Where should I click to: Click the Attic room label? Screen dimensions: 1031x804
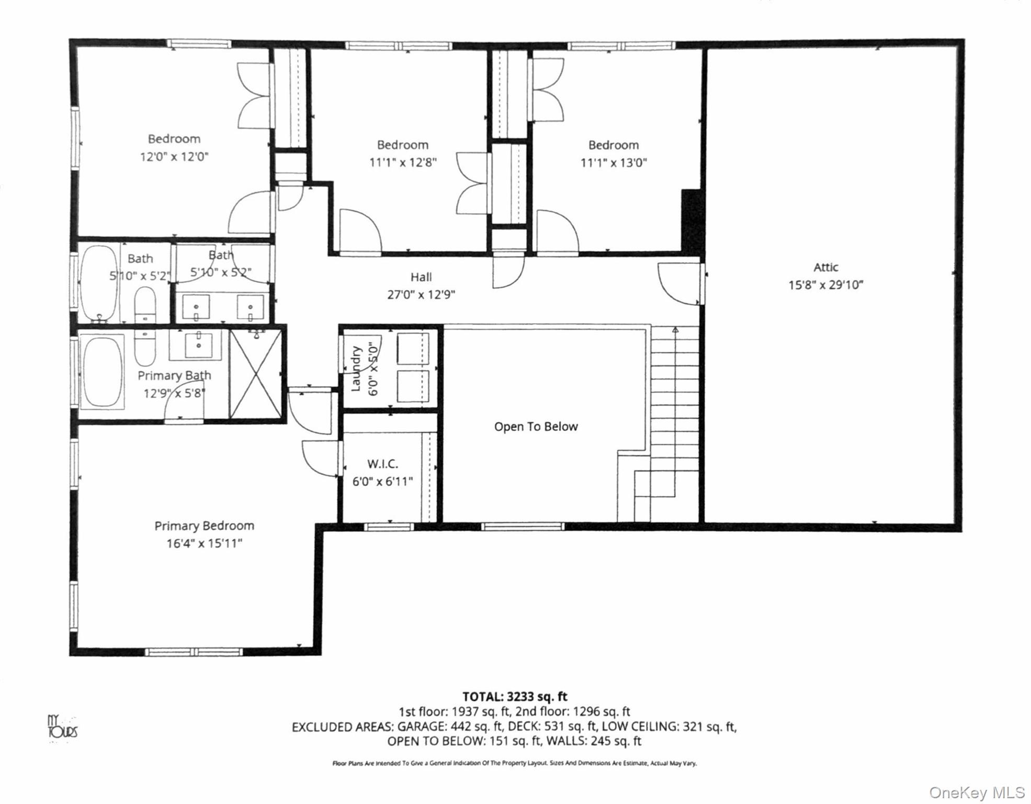826,267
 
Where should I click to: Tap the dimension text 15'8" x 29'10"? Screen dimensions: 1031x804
826,285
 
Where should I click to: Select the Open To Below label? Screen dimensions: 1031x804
536,427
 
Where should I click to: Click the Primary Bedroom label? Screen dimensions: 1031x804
205,526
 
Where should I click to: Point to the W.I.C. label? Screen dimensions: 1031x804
382,464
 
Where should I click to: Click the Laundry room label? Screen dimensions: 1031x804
356,368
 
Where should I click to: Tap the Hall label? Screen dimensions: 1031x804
421,277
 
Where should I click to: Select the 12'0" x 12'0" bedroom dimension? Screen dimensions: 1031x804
174,157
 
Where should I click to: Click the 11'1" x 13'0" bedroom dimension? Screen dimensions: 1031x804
614,163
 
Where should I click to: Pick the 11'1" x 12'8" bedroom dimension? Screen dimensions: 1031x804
403,163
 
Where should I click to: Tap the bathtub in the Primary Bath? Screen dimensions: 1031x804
103,372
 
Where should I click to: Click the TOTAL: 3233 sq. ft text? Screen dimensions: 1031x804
515,697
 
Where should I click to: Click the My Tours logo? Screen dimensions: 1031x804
63,726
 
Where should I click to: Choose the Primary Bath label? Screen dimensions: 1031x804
174,376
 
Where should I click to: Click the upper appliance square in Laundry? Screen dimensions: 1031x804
413,349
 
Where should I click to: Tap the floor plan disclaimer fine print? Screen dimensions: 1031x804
515,764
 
